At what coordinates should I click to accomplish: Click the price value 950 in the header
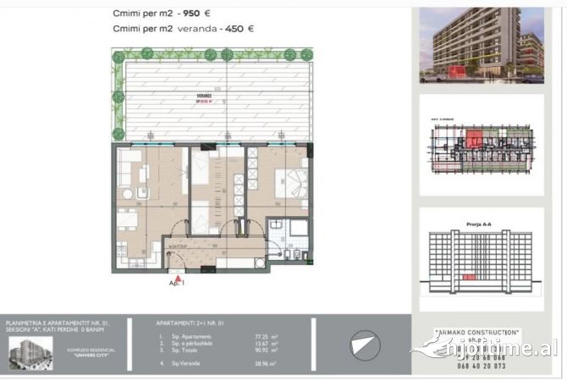pyautogui.click(x=201, y=14)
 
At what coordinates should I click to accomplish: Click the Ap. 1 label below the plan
pyautogui.click(x=176, y=284)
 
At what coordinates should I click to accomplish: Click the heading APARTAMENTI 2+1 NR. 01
pyautogui.click(x=191, y=323)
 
